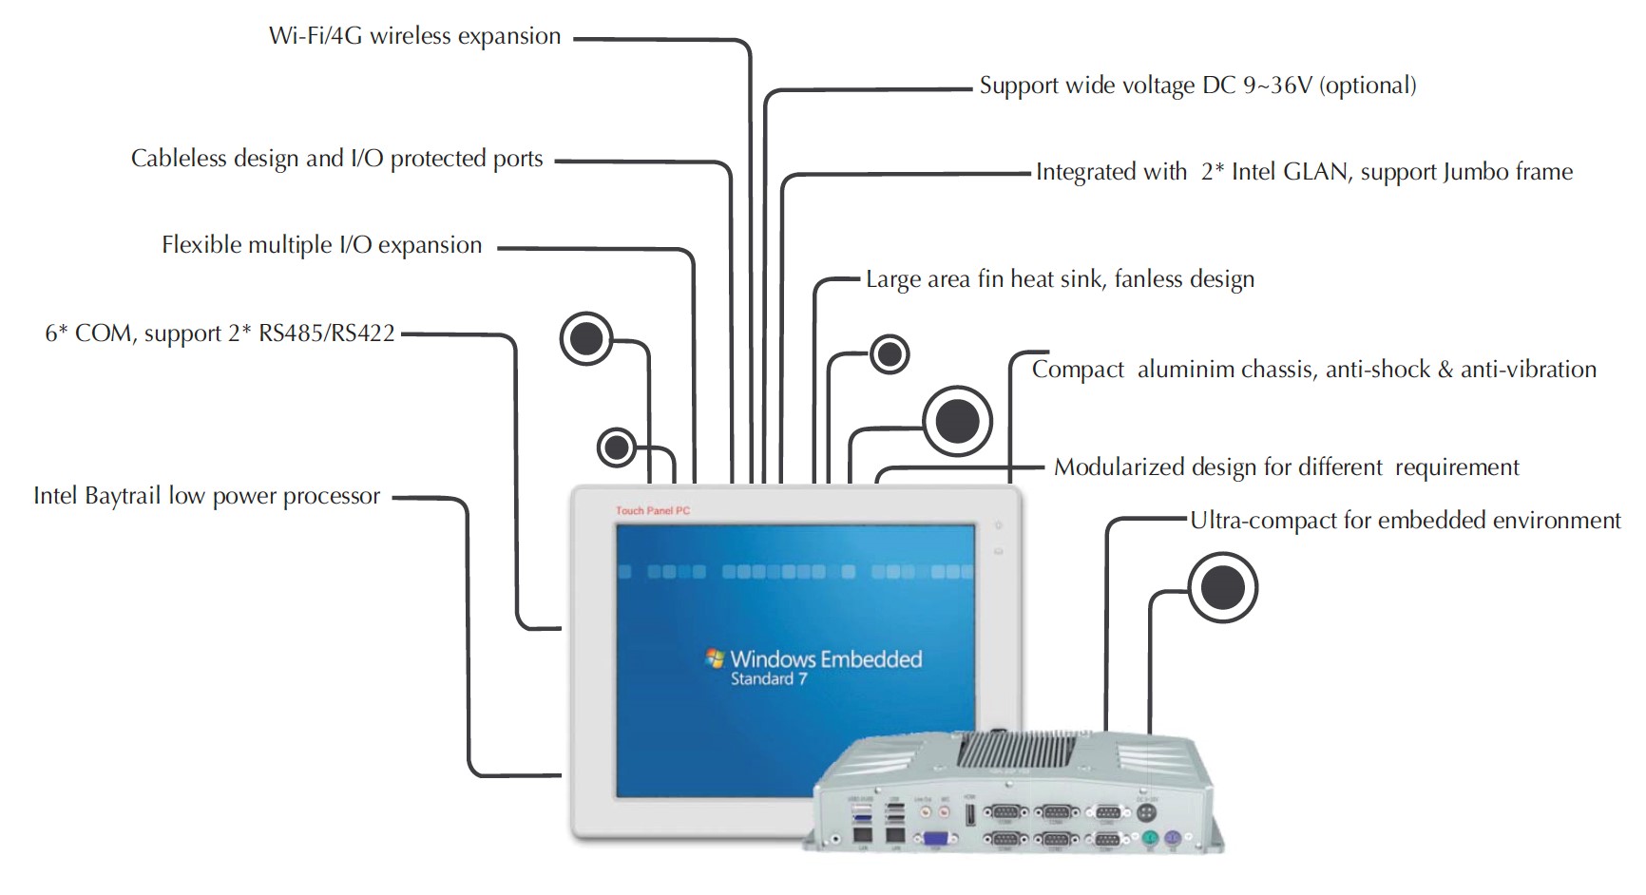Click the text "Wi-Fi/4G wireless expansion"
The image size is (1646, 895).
tap(414, 36)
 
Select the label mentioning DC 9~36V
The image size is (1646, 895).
tap(1197, 86)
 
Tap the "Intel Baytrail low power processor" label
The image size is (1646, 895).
tap(206, 496)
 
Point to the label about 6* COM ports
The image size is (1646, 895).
tap(220, 333)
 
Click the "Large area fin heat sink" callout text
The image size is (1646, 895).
tap(1060, 279)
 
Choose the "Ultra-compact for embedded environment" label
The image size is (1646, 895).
tap(1405, 521)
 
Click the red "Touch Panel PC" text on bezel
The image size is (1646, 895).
tap(653, 511)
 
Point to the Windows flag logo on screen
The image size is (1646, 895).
tap(715, 658)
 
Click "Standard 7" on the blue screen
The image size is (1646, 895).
tap(769, 679)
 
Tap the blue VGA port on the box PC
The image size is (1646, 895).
tap(934, 839)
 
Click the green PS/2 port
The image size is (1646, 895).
tap(1149, 840)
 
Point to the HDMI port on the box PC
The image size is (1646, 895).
tap(969, 813)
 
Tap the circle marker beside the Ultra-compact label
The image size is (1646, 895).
tap(1222, 588)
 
